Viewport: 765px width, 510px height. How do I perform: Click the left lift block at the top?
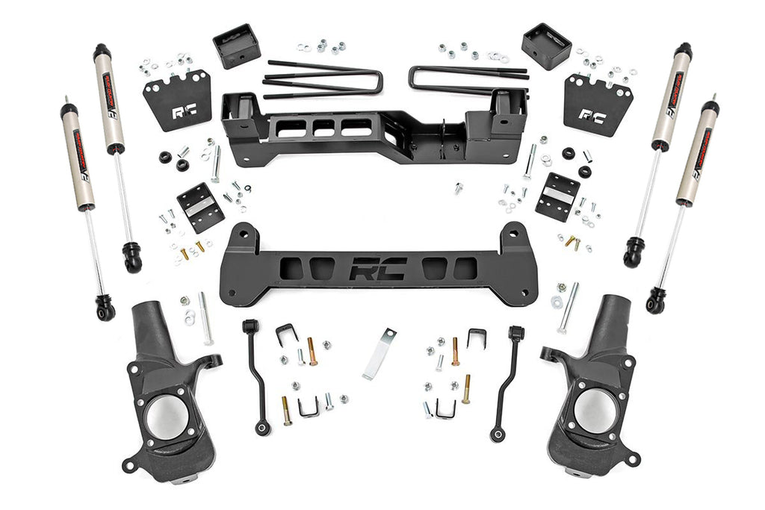(236, 46)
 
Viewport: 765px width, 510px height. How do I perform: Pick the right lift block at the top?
(546, 46)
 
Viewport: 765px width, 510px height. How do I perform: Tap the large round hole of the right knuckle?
(595, 411)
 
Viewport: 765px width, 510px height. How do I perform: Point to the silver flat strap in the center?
(379, 353)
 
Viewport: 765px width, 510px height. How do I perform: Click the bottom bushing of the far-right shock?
(657, 299)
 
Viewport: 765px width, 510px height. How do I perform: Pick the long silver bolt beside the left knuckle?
(206, 317)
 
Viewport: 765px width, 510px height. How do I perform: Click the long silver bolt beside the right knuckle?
(569, 307)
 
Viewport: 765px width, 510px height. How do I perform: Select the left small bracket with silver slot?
(200, 207)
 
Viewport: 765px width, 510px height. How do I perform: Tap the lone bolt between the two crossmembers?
(458, 187)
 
